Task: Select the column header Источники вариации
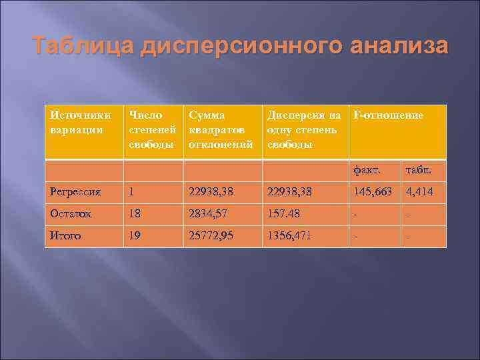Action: [77, 123]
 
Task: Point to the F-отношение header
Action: [389, 115]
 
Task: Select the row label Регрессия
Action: [75, 192]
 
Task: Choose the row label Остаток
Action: [71, 213]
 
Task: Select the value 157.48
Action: [285, 213]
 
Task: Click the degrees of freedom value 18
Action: [136, 213]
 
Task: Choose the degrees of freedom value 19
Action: [136, 235]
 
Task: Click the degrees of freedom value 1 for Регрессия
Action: [133, 192]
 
